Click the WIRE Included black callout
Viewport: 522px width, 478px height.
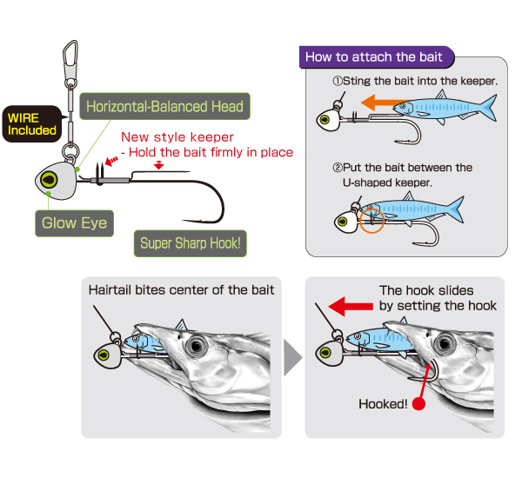click(32, 124)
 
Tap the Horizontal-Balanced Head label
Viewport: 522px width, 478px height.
click(164, 106)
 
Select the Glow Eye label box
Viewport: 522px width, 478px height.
click(74, 223)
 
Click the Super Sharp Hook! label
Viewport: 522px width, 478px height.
click(190, 243)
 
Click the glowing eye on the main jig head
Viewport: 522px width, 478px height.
click(49, 180)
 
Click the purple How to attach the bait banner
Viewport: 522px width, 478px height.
click(377, 56)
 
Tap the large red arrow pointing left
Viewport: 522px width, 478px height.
click(351, 307)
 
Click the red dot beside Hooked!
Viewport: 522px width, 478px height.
click(418, 404)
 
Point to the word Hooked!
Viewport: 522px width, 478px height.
click(383, 404)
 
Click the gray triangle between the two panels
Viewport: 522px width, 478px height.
click(292, 357)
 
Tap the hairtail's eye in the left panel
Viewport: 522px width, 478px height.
click(197, 346)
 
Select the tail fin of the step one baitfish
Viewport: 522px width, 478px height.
click(486, 106)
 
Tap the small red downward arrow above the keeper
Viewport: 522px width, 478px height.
click(159, 165)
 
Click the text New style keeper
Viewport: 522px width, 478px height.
click(177, 137)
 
